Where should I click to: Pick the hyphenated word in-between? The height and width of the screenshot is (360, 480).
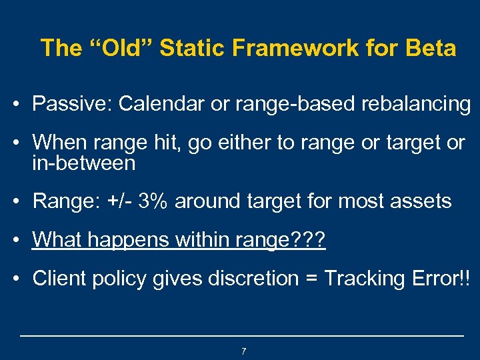[x=83, y=163]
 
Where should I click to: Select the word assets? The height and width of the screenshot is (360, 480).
[x=421, y=201]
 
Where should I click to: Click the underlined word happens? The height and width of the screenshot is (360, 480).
[x=127, y=239]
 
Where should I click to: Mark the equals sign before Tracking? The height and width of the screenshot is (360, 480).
[x=311, y=279]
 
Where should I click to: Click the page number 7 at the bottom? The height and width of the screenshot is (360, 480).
[x=243, y=351]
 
